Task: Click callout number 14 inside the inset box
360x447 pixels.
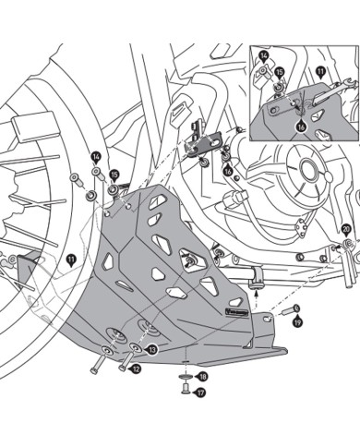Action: pyautogui.click(x=264, y=55)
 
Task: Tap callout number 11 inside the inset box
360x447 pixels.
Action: pyautogui.click(x=320, y=70)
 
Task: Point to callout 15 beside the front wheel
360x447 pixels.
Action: pyautogui.click(x=114, y=174)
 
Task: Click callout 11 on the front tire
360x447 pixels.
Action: pyautogui.click(x=71, y=261)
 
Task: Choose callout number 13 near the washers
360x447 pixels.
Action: pyautogui.click(x=152, y=350)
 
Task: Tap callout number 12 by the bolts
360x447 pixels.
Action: pyautogui.click(x=136, y=368)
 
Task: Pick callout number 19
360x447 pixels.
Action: pyautogui.click(x=297, y=322)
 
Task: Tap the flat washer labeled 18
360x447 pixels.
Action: pyautogui.click(x=185, y=377)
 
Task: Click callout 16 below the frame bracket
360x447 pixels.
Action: pyautogui.click(x=228, y=171)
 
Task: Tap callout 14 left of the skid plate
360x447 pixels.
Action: pyautogui.click(x=96, y=157)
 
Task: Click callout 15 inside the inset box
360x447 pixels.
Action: pyautogui.click(x=279, y=70)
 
